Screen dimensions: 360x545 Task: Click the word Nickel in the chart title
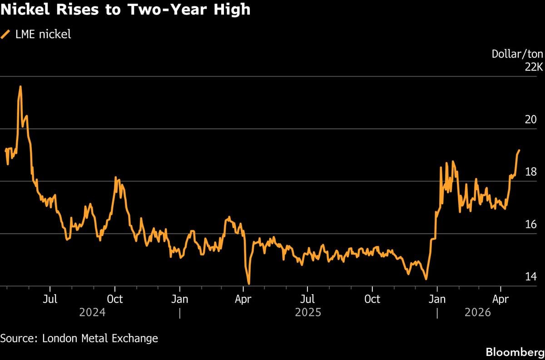(x=26, y=10)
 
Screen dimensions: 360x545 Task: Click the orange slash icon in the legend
(x=6, y=35)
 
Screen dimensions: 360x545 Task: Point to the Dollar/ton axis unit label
(x=517, y=54)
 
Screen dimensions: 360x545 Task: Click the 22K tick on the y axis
(x=534, y=67)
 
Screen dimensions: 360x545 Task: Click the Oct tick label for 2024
(x=115, y=300)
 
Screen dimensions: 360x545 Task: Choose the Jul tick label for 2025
(x=307, y=300)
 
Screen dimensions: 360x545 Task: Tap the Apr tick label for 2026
(x=500, y=300)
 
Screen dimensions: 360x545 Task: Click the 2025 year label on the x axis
(x=308, y=313)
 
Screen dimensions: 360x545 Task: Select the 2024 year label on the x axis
(x=92, y=313)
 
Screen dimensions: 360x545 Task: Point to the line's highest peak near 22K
(x=20, y=86)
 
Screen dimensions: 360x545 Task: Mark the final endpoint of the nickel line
(x=519, y=150)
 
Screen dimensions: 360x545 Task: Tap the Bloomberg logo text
(x=515, y=352)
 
